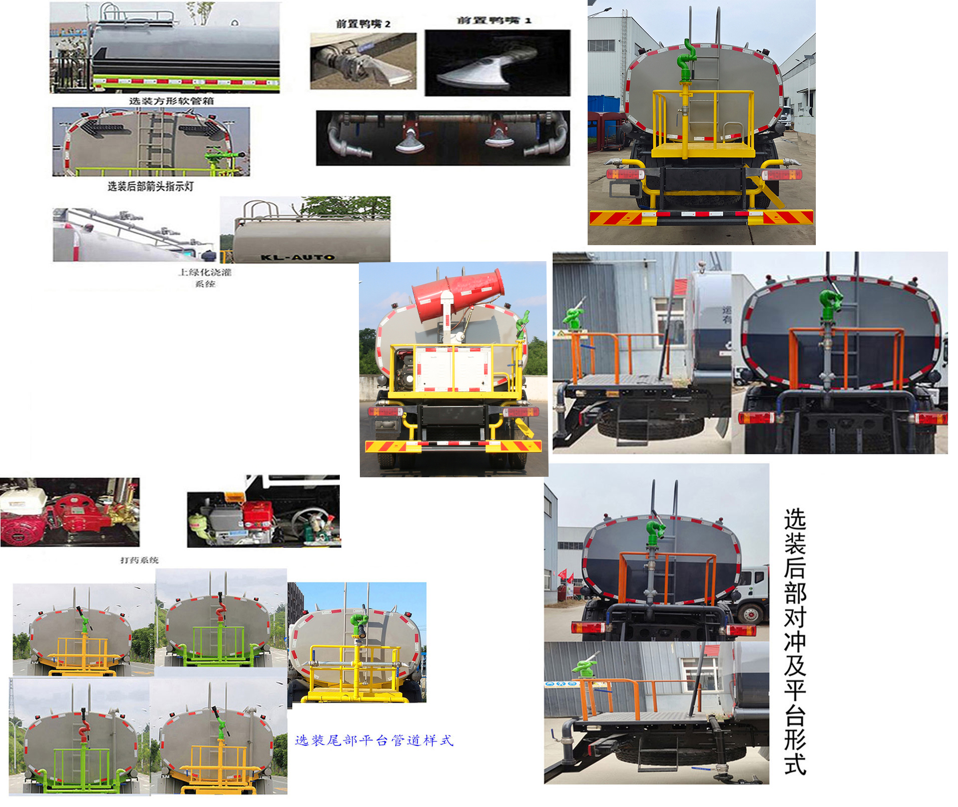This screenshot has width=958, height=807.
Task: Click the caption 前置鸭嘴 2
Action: (363, 24)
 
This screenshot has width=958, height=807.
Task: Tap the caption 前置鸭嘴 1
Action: (494, 21)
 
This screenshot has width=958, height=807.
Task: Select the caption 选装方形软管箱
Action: (171, 101)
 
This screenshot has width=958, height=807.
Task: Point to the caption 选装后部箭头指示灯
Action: (150, 187)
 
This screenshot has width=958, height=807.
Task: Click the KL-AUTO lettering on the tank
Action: (297, 257)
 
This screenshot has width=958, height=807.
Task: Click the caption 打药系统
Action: (139, 560)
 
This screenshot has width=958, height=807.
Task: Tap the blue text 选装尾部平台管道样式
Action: (374, 740)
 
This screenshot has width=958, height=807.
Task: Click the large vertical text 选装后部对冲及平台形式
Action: (795, 640)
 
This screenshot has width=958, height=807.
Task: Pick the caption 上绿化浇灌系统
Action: (205, 278)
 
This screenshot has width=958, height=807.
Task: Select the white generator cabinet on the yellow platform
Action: (453, 369)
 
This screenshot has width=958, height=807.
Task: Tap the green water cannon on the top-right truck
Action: (685, 58)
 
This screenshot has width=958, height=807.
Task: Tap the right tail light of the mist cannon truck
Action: (521, 411)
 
